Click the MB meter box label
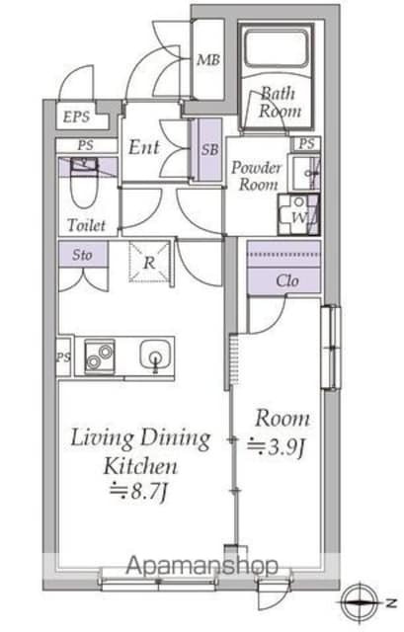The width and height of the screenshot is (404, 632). (208, 60)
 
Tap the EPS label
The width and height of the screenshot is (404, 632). (76, 117)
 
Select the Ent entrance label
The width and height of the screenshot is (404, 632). (144, 147)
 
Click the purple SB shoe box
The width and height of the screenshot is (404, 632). (210, 149)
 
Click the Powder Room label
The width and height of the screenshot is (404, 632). (257, 176)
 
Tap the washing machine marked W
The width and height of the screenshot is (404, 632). (298, 214)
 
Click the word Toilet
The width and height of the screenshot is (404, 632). (87, 225)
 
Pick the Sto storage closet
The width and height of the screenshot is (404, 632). (83, 254)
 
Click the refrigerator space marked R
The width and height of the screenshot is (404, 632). (149, 262)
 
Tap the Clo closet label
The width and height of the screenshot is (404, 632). (287, 280)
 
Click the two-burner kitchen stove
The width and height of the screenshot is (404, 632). (100, 356)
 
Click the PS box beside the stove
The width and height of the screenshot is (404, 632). (64, 357)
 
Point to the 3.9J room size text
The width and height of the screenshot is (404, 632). (276, 445)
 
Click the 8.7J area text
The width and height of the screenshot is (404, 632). (138, 492)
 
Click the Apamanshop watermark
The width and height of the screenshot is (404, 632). (202, 566)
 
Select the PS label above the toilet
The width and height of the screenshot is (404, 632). (86, 145)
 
